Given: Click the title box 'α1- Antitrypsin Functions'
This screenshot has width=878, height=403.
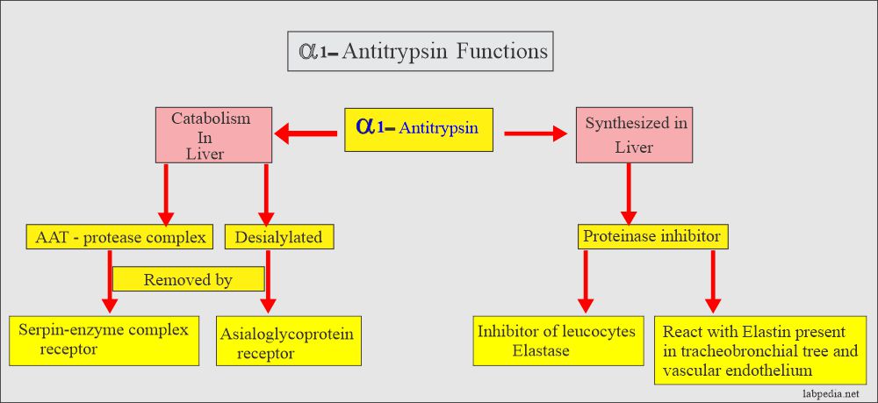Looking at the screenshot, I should [421, 51].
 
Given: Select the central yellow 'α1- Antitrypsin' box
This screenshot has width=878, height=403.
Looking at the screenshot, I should [422, 129].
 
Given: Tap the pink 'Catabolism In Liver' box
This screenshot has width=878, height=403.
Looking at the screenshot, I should [211, 135].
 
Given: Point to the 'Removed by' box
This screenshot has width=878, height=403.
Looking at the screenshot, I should [188, 278].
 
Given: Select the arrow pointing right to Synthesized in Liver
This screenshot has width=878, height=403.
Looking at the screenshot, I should [535, 134].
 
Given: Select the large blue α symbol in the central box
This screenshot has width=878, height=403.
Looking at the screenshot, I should [366, 125].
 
